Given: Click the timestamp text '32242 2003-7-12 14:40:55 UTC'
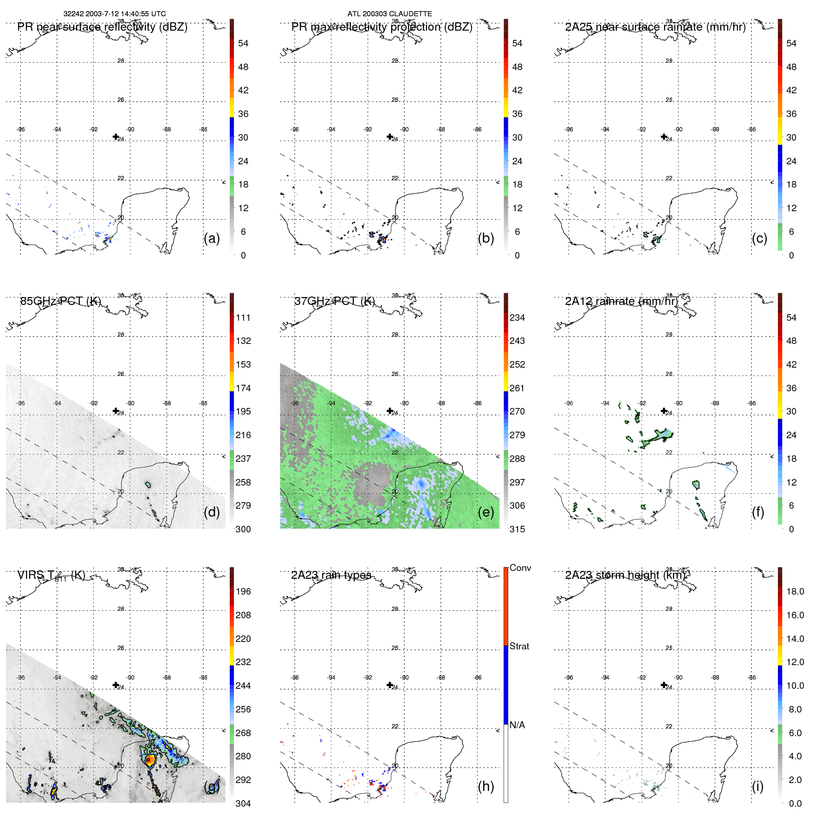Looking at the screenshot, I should [114, 14].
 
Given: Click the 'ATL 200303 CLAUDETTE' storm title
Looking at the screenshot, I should [389, 14].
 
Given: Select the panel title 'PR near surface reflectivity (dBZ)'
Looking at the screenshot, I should [102, 27].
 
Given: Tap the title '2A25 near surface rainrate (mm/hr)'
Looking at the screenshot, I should [655, 27].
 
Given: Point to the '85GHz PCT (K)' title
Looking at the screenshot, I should [60, 301].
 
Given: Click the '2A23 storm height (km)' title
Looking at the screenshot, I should [625, 575].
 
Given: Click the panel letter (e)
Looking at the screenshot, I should [485, 512].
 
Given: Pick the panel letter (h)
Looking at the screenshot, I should [485, 786].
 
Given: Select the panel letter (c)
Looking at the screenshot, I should [759, 238].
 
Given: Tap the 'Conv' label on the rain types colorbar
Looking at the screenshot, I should [520, 568].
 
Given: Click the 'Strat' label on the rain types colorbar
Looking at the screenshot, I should [519, 646].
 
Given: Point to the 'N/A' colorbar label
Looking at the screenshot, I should [517, 725].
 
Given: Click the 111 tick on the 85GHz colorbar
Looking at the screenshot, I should [243, 317].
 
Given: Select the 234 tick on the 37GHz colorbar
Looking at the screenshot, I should [517, 317].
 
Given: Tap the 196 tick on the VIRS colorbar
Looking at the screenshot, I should [243, 591].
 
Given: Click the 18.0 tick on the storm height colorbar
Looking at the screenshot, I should [795, 591].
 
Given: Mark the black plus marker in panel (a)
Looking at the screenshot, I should [116, 136].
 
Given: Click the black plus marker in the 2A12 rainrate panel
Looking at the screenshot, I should [664, 411].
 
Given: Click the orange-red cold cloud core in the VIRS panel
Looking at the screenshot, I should [149, 760].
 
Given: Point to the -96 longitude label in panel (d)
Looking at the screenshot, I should [20, 403].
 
